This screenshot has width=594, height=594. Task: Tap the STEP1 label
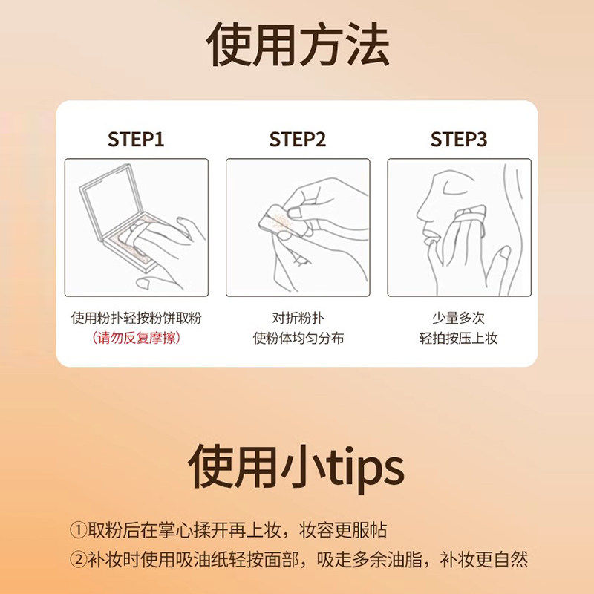click(136, 139)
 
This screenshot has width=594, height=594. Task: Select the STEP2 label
click(297, 139)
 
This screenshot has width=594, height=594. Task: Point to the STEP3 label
click(459, 139)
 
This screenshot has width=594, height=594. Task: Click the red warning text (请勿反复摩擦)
click(136, 338)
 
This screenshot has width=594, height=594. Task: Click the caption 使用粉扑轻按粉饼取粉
click(136, 318)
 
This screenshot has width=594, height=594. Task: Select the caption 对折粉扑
click(298, 318)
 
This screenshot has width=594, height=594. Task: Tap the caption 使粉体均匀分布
click(298, 338)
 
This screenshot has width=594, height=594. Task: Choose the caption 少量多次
click(459, 318)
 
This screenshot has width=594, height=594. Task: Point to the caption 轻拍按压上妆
click(459, 338)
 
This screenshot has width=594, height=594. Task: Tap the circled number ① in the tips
click(79, 530)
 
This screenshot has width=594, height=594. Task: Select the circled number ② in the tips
click(79, 558)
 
